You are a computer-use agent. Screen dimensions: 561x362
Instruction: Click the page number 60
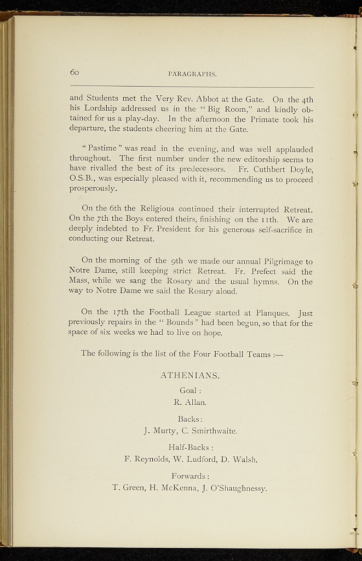click(75, 72)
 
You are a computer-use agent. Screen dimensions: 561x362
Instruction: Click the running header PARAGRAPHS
click(192, 73)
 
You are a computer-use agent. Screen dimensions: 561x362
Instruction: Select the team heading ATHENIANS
click(190, 376)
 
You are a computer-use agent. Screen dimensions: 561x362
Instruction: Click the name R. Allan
click(190, 403)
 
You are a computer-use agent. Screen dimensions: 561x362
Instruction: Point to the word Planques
click(275, 313)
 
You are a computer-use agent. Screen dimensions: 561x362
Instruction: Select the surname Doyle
click(300, 169)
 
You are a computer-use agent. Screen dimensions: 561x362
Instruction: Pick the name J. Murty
click(158, 431)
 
